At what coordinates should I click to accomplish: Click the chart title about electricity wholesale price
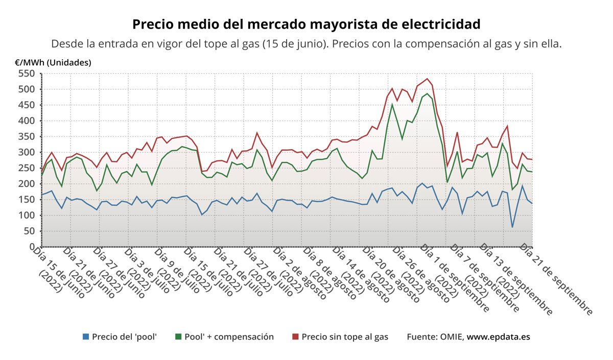(x=306, y=24)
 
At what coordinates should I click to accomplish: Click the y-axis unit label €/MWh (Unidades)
(x=53, y=63)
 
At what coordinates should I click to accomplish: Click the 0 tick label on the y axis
(x=32, y=247)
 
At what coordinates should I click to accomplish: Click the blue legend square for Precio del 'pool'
(x=86, y=337)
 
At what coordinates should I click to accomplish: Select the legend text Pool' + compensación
(x=229, y=337)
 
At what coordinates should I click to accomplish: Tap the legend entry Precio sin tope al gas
(x=345, y=337)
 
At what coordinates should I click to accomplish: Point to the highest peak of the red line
(x=427, y=79)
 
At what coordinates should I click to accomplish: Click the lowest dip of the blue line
(x=512, y=227)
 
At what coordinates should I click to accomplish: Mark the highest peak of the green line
(x=427, y=94)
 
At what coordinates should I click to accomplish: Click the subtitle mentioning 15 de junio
(x=306, y=44)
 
